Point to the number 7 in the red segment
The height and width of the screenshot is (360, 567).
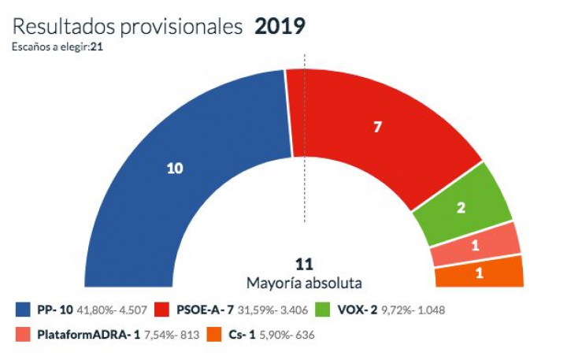click(x=377, y=126)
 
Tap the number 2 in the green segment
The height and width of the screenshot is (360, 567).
click(x=461, y=209)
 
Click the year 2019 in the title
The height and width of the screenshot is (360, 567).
click(x=280, y=27)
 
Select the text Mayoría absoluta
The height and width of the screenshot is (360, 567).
click(x=304, y=281)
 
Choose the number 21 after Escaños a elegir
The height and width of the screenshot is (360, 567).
click(x=97, y=46)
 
